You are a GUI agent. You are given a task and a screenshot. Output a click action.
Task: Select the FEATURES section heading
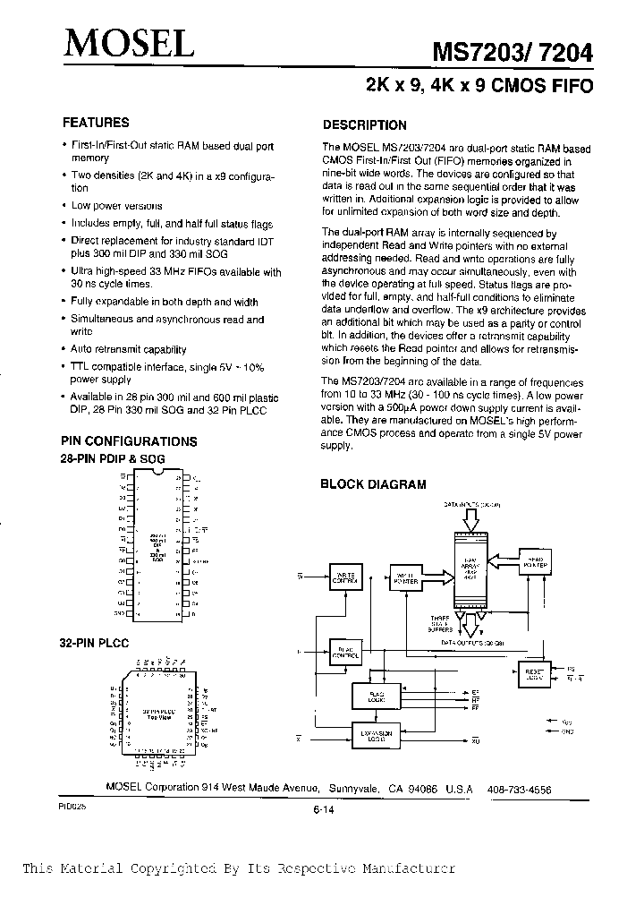tap(95, 123)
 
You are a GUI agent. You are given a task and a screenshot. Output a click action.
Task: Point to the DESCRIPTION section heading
tap(364, 125)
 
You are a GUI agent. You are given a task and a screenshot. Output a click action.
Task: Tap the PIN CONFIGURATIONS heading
tap(128, 441)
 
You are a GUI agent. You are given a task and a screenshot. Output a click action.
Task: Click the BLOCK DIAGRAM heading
tap(373, 484)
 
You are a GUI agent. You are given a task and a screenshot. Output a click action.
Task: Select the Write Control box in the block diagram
tap(343, 577)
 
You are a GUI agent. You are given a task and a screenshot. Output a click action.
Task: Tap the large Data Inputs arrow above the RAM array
tap(470, 518)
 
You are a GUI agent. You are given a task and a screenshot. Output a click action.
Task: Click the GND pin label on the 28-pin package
tap(121, 615)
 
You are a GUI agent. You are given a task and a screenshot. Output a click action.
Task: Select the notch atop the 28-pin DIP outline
tap(157, 472)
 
